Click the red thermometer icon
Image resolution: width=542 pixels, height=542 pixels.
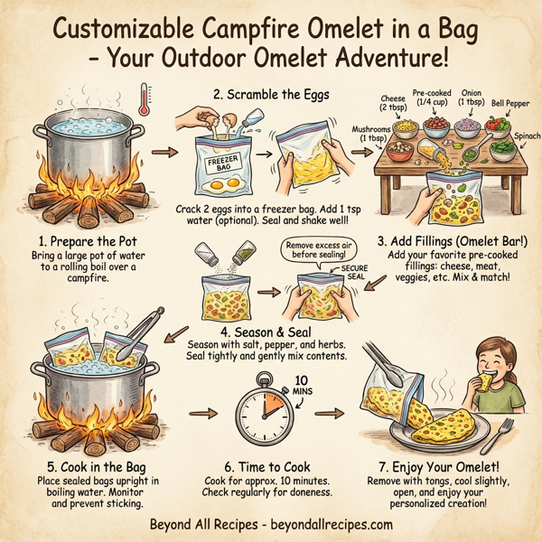point(145,100)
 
